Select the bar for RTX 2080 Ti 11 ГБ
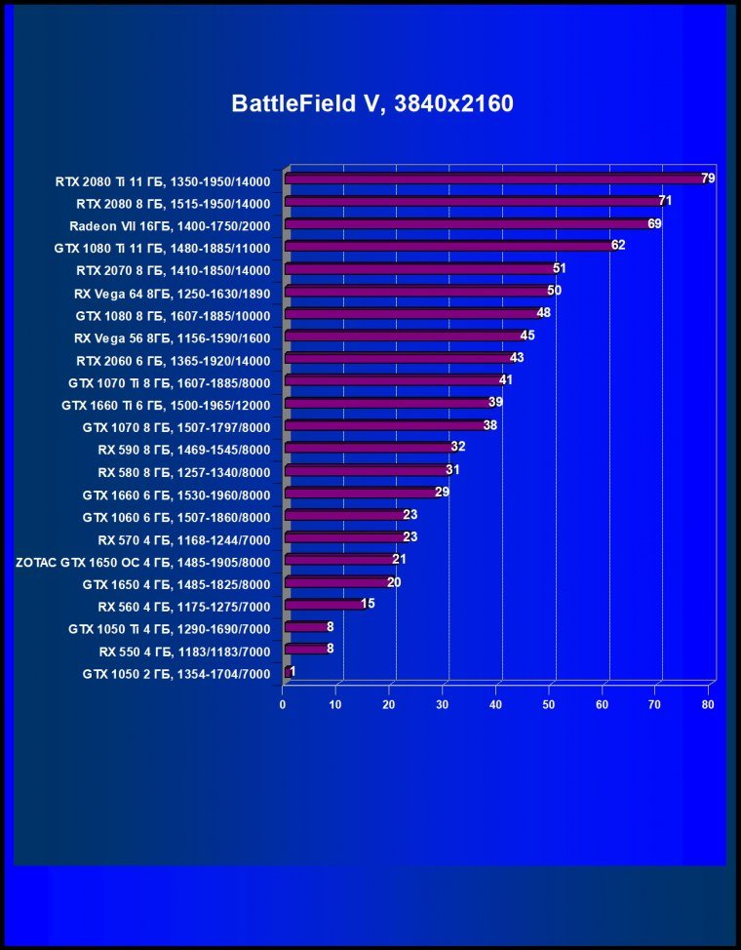[x=492, y=179]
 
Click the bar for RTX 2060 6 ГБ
[x=397, y=359]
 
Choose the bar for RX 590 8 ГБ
[x=368, y=449]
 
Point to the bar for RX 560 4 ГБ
[x=323, y=605]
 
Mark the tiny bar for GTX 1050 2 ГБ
[x=287, y=672]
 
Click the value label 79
[x=709, y=178]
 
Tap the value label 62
[x=618, y=246]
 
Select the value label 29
[x=442, y=493]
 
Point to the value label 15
[x=368, y=605]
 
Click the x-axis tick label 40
[x=495, y=704]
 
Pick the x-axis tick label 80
[x=708, y=704]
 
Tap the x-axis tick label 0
[x=283, y=704]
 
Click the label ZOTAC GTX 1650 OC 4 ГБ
[x=142, y=561]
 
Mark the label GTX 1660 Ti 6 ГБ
[x=166, y=404]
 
